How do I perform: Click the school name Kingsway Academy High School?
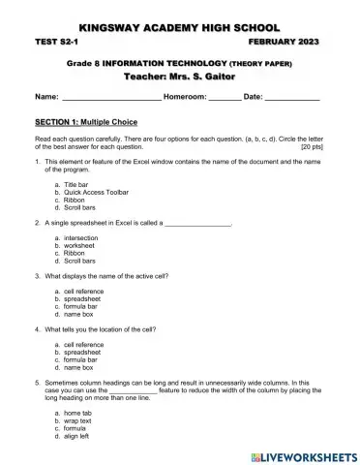180,29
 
